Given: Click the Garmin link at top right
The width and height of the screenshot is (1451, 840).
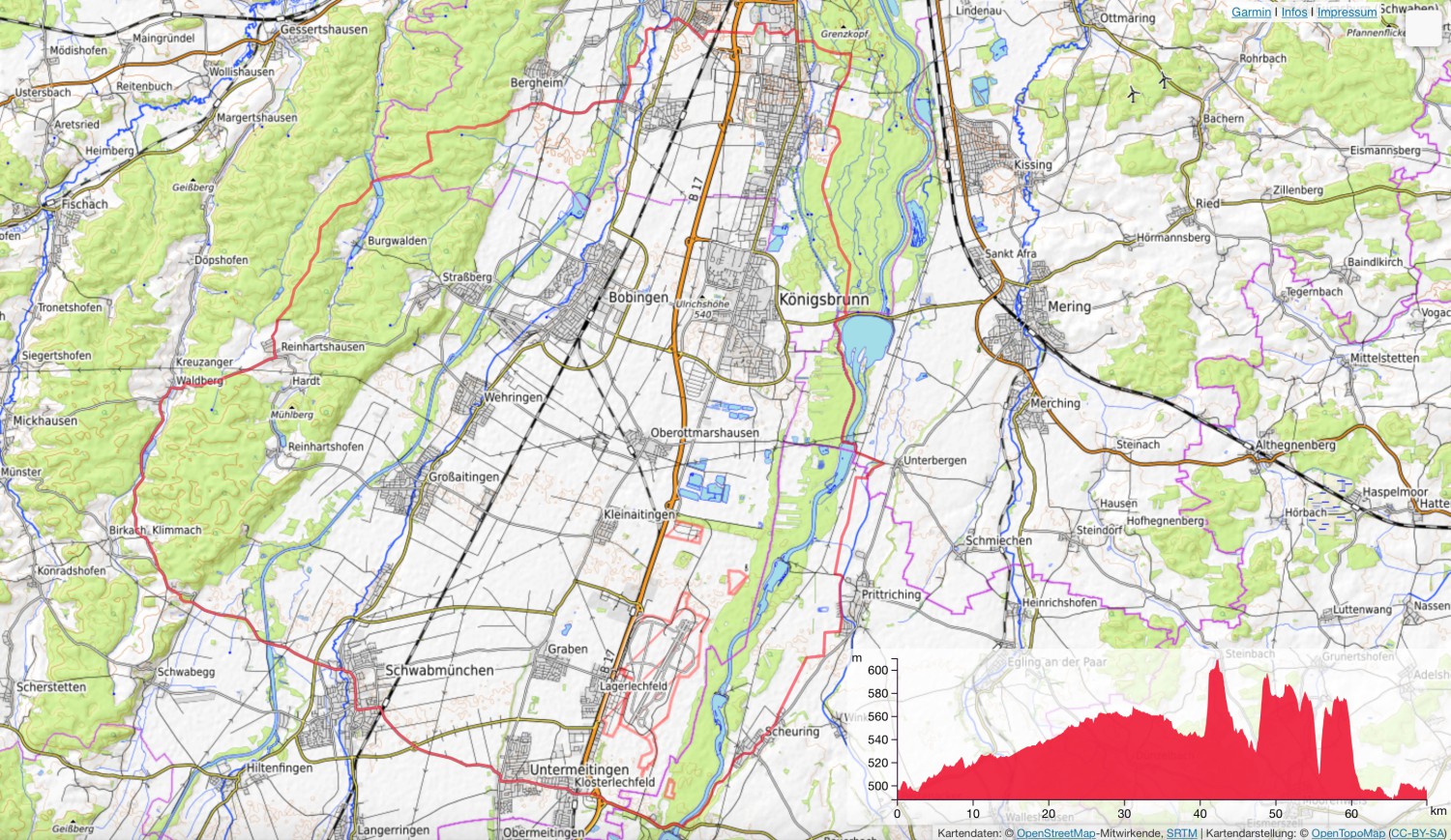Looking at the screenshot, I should click(x=1251, y=12).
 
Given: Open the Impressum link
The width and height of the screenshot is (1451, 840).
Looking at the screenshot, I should click(x=1347, y=12).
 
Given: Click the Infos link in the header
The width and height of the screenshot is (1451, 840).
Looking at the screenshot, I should click(x=1294, y=12).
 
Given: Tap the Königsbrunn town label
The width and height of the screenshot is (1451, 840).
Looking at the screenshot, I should click(x=823, y=300).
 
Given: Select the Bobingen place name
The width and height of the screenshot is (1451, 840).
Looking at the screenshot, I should click(x=637, y=297).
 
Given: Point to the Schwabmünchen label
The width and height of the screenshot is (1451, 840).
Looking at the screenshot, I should click(x=439, y=670).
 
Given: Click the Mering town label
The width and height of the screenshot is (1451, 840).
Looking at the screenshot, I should click(x=1069, y=306).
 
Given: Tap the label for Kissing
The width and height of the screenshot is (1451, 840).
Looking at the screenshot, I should click(x=1032, y=164).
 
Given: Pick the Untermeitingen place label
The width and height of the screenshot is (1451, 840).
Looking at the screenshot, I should click(x=578, y=769).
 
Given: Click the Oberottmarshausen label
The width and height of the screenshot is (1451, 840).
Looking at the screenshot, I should click(x=704, y=433).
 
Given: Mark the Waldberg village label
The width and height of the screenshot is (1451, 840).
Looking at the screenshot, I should click(x=199, y=381).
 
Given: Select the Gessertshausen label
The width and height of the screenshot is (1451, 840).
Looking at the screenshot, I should click(x=324, y=30).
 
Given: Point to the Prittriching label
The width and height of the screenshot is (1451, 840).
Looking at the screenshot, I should click(x=891, y=594).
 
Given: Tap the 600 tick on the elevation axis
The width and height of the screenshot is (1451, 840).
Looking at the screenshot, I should click(x=876, y=670).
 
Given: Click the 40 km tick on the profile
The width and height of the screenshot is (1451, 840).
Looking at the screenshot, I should click(x=1200, y=813).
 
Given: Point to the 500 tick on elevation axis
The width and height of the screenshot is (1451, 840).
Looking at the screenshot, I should click(x=876, y=786).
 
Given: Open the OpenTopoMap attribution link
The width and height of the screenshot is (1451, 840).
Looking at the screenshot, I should click(x=1347, y=833).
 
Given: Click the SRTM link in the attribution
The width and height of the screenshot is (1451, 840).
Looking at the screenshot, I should click(x=1181, y=833).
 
